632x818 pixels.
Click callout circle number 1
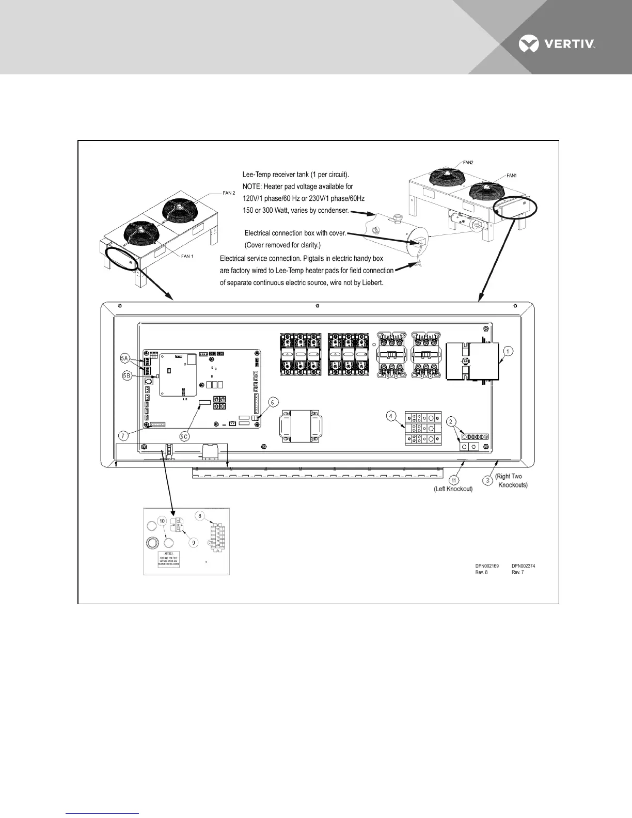(508, 352)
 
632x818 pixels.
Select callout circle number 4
(391, 416)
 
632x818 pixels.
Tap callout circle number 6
(273, 402)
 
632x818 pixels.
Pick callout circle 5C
(184, 437)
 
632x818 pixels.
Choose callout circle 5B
(127, 375)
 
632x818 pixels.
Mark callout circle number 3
(487, 481)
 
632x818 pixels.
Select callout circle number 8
(200, 515)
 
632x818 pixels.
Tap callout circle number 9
(194, 543)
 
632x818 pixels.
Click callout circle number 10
(162, 522)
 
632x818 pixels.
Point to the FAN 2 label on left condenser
(229, 193)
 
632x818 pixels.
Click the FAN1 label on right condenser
(512, 176)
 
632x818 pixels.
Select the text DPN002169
(487, 566)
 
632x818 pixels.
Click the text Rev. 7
(518, 572)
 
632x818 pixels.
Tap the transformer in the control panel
(301, 426)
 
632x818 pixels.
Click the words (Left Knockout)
(453, 489)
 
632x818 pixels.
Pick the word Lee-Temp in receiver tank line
(256, 175)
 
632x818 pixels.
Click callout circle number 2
(451, 421)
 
